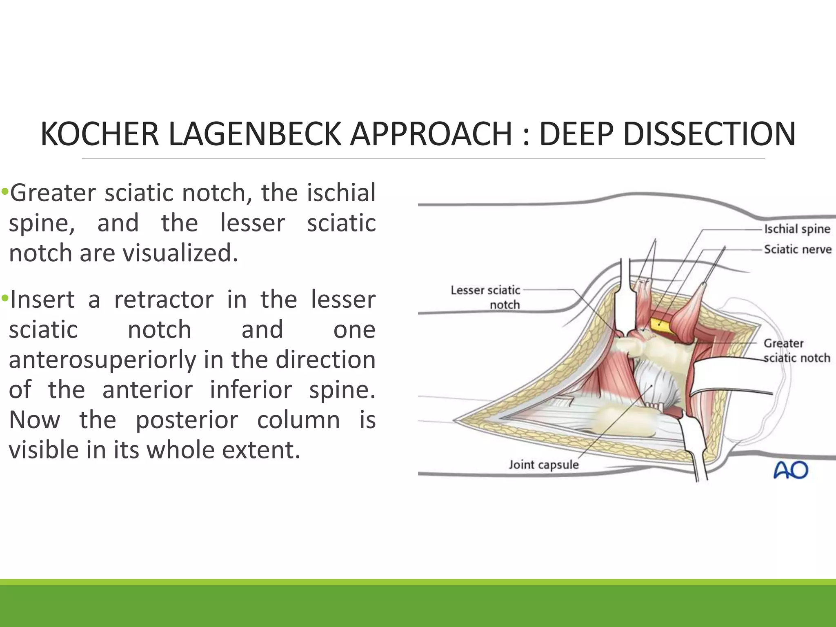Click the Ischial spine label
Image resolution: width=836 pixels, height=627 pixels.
coord(797,229)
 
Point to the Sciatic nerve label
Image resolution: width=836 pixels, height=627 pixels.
coord(797,249)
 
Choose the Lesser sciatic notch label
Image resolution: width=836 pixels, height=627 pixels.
coord(485,297)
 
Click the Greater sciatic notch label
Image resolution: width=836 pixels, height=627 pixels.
coord(796,351)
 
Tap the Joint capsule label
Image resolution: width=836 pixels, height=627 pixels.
coord(543,465)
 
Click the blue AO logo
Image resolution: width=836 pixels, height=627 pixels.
coord(791,470)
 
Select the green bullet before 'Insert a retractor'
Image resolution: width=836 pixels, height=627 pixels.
coord(4,298)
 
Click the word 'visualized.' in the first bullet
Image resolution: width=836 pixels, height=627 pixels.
coord(180,253)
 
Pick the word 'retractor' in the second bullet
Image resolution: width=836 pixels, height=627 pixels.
coord(163,300)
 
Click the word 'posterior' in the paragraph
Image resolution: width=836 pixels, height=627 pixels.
coord(187,420)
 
